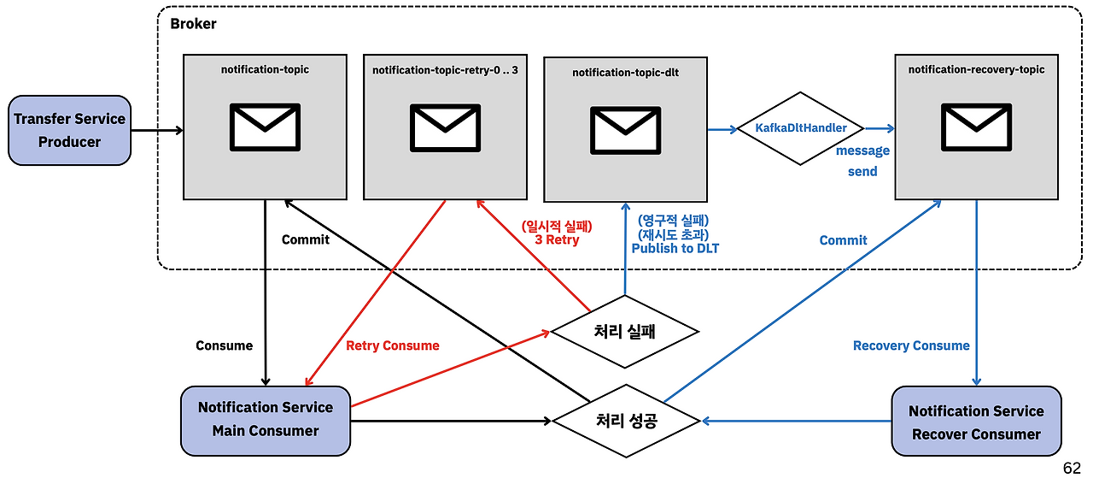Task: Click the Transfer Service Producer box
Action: coord(69,130)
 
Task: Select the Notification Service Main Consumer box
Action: coord(266,419)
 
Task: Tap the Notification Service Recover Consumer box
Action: coord(976,422)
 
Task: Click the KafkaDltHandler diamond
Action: coord(801,128)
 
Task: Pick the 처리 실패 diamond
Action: coord(624,332)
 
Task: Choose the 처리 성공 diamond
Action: coord(626,420)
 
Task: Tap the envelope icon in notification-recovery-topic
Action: coord(976,126)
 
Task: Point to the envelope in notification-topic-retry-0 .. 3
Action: coord(445,126)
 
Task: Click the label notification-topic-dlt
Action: coord(625,73)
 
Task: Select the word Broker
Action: coord(193,24)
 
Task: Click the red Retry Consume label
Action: coord(393,345)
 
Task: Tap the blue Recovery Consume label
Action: coord(911,345)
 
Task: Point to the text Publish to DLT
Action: coord(675,248)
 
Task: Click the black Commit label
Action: coord(305,239)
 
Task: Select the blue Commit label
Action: coord(843,240)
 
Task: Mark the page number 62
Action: coord(1072,469)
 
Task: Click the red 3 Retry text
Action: coord(557,240)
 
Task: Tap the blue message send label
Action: coord(862,161)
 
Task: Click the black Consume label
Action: coord(224,345)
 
